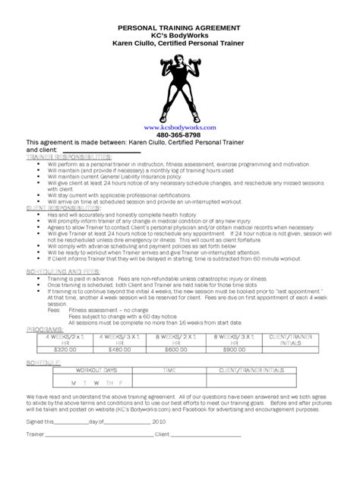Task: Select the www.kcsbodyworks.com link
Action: pyautogui.click(x=179, y=128)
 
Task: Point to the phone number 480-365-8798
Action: pyautogui.click(x=179, y=135)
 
